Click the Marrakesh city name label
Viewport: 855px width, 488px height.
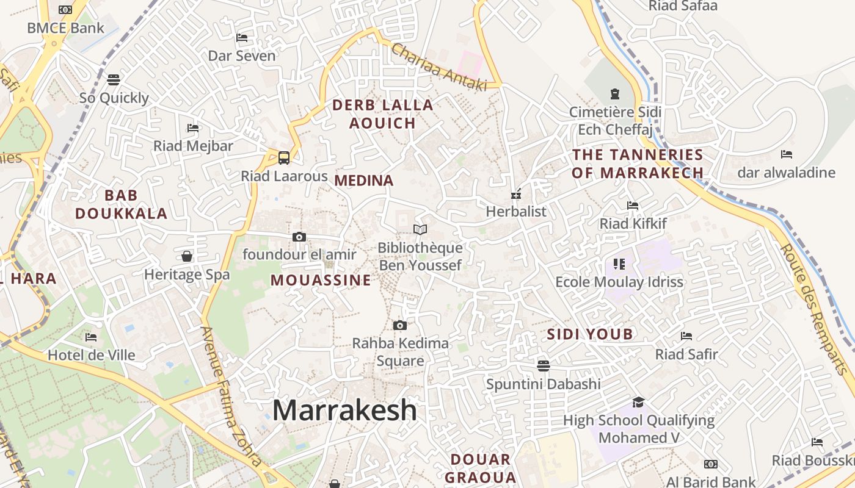pyautogui.click(x=344, y=410)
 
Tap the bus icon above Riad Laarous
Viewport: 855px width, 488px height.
pyautogui.click(x=284, y=158)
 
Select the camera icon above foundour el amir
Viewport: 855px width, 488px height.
pyautogui.click(x=299, y=237)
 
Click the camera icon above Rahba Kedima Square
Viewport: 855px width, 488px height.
pyautogui.click(x=400, y=325)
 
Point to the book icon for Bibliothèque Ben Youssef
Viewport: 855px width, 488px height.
pyautogui.click(x=420, y=230)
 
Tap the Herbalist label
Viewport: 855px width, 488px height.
pyautogui.click(x=516, y=212)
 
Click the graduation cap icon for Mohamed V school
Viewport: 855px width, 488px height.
pyautogui.click(x=638, y=402)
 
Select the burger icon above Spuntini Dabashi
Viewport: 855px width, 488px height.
pyautogui.click(x=543, y=365)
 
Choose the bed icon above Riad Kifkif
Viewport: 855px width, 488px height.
pyautogui.click(x=633, y=206)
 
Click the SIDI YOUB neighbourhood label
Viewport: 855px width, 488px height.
pyautogui.click(x=590, y=334)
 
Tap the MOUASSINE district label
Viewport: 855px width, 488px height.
pyautogui.click(x=321, y=281)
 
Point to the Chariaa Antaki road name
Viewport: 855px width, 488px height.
pyautogui.click(x=439, y=67)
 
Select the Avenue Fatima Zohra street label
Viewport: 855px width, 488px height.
pyautogui.click(x=232, y=396)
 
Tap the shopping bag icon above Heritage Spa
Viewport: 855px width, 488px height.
pyautogui.click(x=187, y=256)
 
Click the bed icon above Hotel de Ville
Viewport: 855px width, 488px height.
pyautogui.click(x=91, y=337)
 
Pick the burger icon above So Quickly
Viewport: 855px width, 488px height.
pyautogui.click(x=114, y=79)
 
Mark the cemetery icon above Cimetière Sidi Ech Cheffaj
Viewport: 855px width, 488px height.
pyautogui.click(x=615, y=94)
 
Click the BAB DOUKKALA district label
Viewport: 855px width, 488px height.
pyautogui.click(x=121, y=204)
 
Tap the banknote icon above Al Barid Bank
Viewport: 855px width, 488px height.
pyautogui.click(x=710, y=464)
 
